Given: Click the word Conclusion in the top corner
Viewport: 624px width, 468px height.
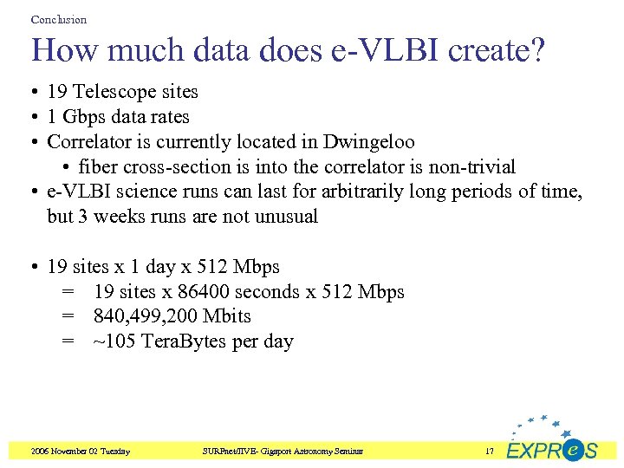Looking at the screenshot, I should tap(58, 19).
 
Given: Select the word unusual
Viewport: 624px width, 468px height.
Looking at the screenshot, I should tap(283, 217).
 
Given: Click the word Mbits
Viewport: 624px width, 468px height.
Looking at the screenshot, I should tap(227, 317).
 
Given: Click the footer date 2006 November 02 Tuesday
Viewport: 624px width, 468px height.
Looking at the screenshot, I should tap(80, 452).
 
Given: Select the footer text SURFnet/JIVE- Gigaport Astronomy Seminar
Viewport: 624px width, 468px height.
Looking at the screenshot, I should tap(283, 452).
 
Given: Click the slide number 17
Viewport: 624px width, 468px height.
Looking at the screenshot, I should tap(490, 452).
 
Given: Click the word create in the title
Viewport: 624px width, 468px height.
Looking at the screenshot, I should tap(497, 50).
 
